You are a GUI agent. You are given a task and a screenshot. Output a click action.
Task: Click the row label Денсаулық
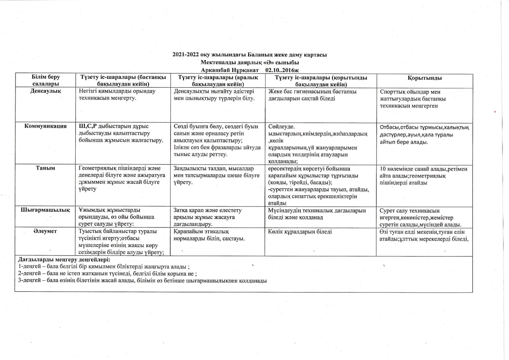pos(46,91)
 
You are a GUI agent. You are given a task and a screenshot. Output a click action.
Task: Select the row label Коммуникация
pos(45,126)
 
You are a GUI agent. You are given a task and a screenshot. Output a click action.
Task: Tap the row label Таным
pos(45,168)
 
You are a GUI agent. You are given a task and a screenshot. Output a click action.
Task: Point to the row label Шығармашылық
pos(45,210)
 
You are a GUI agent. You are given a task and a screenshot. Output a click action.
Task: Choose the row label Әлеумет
pos(45,231)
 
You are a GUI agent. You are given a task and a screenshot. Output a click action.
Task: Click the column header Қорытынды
pos(425,78)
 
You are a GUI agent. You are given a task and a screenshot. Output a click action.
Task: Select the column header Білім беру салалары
pos(46,81)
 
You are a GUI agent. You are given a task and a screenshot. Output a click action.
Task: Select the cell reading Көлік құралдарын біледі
pos(300,232)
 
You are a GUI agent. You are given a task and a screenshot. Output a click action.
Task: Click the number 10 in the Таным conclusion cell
pos(383,169)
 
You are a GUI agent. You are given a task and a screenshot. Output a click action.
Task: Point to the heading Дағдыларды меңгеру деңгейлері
pos(64,260)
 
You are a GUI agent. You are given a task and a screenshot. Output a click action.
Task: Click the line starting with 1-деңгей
pos(104,267)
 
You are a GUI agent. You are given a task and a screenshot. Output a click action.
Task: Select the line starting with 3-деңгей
pos(142,280)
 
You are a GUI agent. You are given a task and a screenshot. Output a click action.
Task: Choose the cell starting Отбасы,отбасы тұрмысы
pos(424,135)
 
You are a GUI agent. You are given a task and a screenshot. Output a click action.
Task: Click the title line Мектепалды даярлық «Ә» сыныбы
pos(250,63)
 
